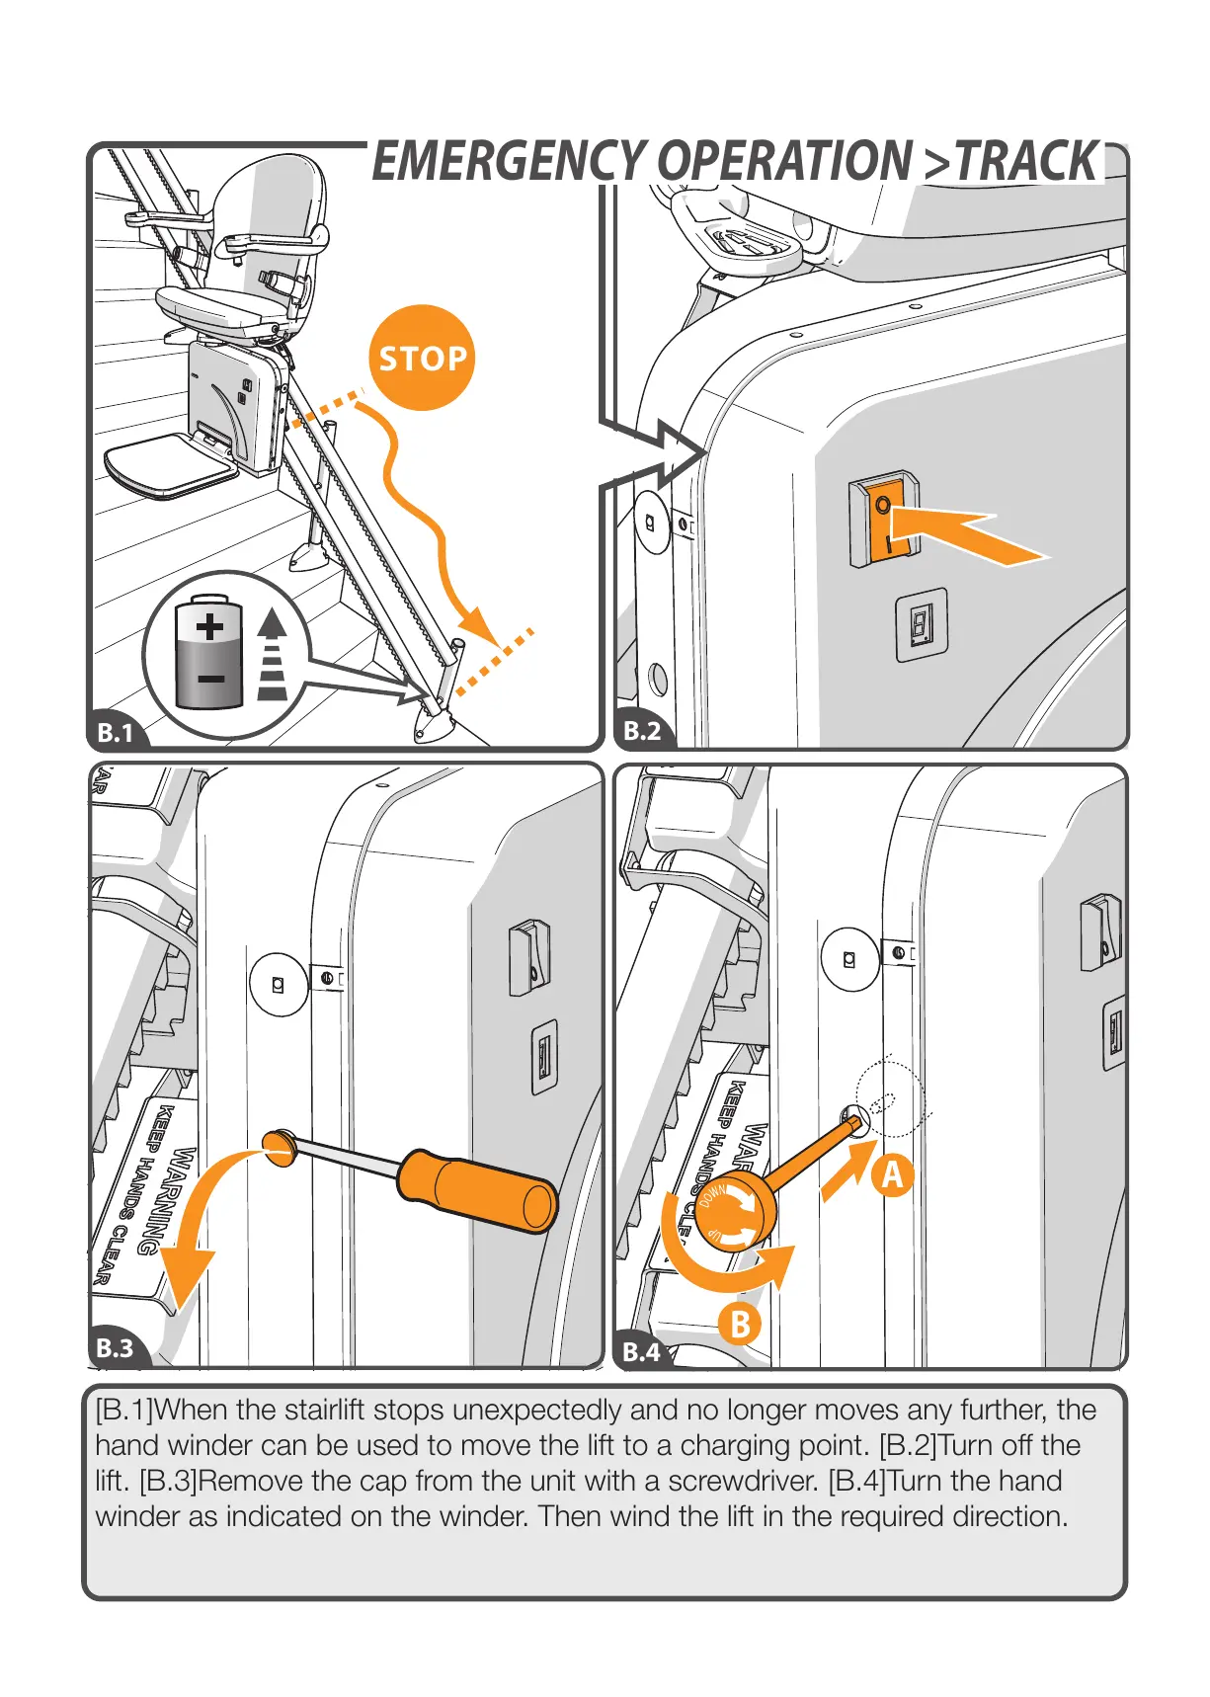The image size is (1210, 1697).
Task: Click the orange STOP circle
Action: pyautogui.click(x=422, y=358)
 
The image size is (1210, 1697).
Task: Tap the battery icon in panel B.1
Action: pyautogui.click(x=209, y=652)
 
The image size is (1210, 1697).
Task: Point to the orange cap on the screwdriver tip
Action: pyautogui.click(x=280, y=1146)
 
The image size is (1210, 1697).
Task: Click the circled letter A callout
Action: pyautogui.click(x=892, y=1175)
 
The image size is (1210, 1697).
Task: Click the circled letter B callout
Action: pyautogui.click(x=739, y=1324)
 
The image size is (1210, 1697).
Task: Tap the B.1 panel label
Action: pyautogui.click(x=116, y=733)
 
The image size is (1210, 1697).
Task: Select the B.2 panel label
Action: pyautogui.click(x=642, y=731)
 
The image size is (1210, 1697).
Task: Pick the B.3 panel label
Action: pyautogui.click(x=115, y=1348)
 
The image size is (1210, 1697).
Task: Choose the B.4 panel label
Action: pyautogui.click(x=641, y=1351)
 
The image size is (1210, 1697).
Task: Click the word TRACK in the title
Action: pyautogui.click(x=1027, y=162)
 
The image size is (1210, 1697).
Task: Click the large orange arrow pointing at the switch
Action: pyautogui.click(x=973, y=535)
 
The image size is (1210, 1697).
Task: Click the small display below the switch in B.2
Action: pyautogui.click(x=921, y=624)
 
